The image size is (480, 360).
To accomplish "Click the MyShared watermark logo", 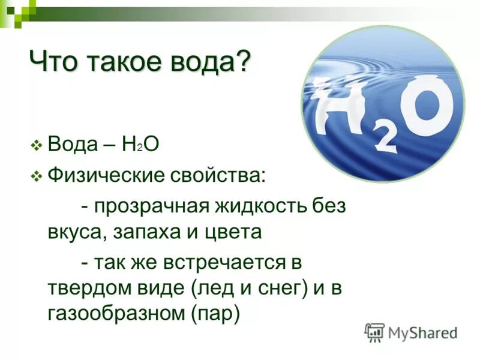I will point(411,332).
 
